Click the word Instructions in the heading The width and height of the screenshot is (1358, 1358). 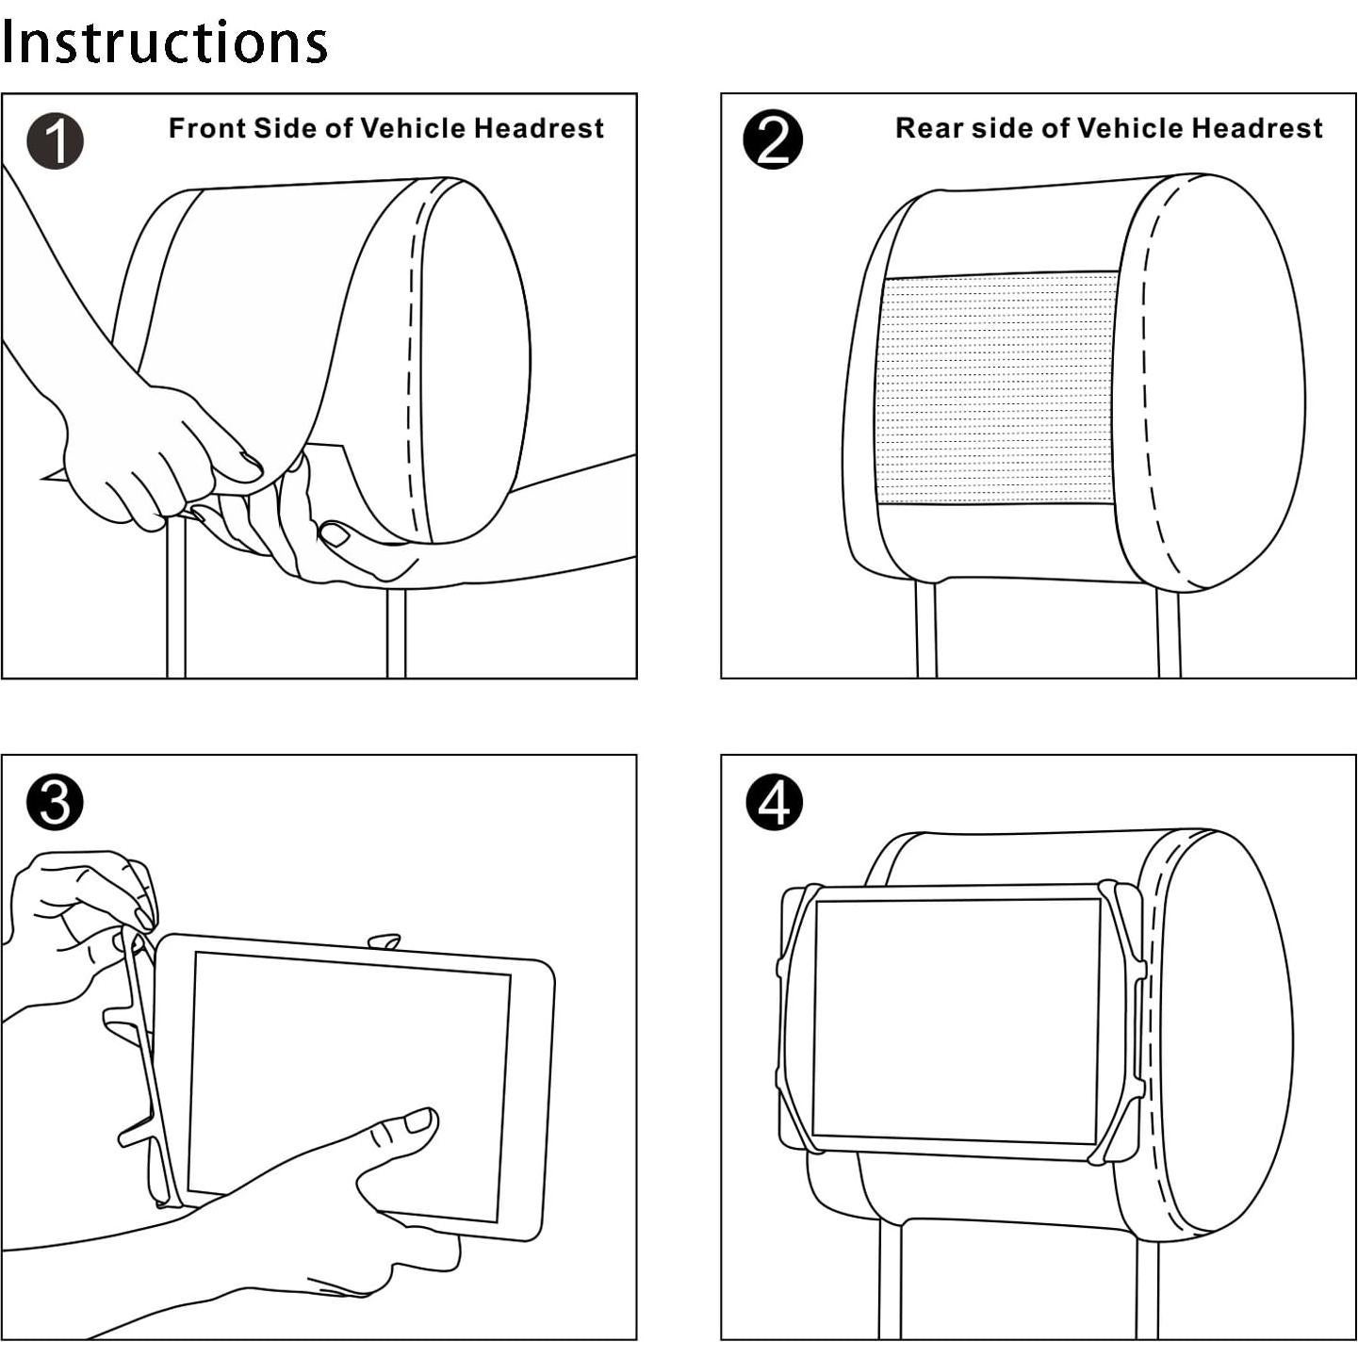[164, 42]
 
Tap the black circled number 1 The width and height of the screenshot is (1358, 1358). [55, 141]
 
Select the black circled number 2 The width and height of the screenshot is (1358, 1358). [773, 140]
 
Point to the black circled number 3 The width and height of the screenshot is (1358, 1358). [55, 803]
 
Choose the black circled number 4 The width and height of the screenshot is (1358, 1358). [774, 803]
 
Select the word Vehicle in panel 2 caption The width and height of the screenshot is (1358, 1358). [1129, 128]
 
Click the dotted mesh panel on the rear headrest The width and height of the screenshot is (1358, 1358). [997, 388]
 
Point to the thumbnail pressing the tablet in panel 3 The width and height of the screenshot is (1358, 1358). [417, 1121]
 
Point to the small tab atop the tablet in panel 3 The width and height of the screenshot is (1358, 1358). [384, 941]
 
